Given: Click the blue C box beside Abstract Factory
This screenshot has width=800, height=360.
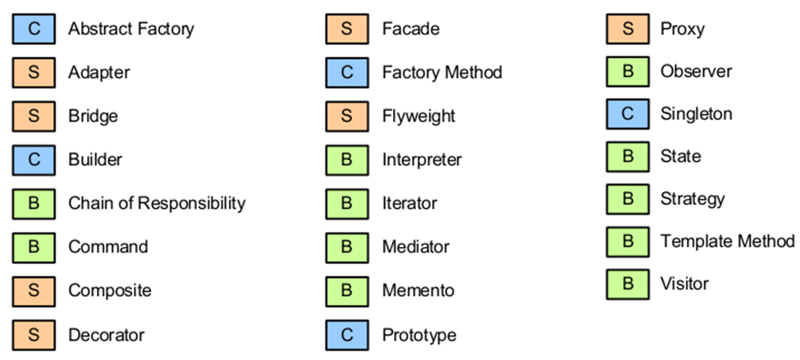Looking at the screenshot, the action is [34, 29].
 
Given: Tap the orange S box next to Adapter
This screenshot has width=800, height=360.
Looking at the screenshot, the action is [34, 72].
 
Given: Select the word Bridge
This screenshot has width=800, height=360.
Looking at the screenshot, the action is [93, 116].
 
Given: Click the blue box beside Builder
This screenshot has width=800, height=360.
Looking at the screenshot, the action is [34, 160].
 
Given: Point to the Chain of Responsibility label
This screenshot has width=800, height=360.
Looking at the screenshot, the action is [157, 203].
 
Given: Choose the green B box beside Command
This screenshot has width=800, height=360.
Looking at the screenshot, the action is [34, 248].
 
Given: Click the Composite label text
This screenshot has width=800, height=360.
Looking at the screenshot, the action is [110, 291].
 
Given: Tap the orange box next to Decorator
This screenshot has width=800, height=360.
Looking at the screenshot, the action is [34, 335].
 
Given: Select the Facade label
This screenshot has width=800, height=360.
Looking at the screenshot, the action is [411, 29].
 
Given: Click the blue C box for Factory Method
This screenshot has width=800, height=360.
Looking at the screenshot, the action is [347, 72].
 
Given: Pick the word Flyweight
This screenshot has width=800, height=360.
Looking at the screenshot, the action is [418, 116].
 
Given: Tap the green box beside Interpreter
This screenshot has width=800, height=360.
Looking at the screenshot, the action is [347, 160].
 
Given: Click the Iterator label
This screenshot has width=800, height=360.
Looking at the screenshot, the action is [409, 203].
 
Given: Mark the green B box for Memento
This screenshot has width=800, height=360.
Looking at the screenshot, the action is [347, 291].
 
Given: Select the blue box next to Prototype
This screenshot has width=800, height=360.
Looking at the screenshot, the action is [347, 335].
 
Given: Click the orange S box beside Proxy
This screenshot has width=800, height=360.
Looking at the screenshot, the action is [628, 29].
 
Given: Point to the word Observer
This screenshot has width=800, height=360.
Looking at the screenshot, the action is [696, 71].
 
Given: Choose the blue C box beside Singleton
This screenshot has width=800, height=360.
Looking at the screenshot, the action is [628, 114].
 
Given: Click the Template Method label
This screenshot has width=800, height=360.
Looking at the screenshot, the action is [728, 240].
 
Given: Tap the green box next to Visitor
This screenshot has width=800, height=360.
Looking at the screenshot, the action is [628, 284].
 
